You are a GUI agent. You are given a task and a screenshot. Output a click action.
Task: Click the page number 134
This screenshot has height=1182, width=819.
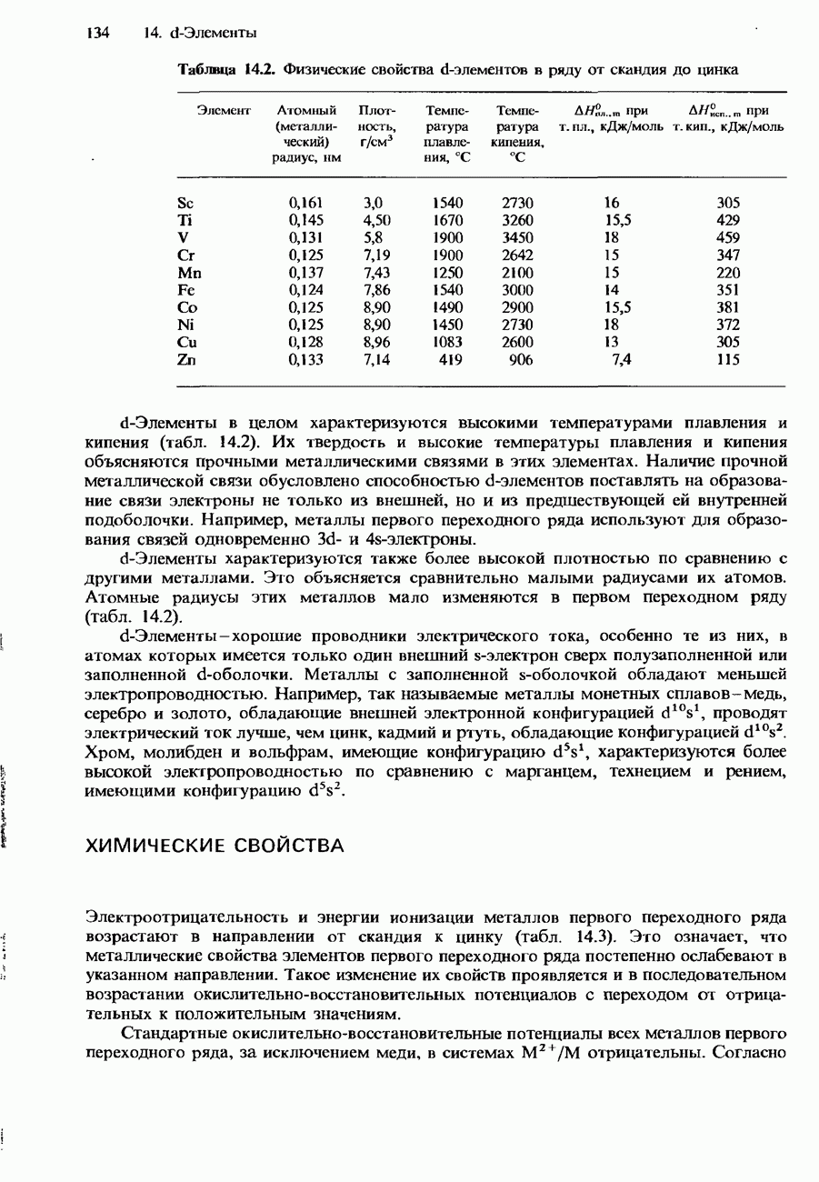[97, 34]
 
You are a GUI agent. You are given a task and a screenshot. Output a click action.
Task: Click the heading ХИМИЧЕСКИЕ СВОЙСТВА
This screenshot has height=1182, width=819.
[215, 846]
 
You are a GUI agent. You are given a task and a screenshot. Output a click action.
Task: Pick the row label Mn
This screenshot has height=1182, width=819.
[187, 273]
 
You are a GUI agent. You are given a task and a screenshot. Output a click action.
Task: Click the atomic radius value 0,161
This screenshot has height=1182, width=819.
[305, 203]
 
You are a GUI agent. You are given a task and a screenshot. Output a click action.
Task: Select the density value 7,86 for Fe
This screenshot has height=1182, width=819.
[376, 290]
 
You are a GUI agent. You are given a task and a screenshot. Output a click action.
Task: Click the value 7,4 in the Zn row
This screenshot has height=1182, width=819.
[622, 360]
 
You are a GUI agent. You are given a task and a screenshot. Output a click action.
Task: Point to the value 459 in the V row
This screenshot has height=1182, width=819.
[727, 238]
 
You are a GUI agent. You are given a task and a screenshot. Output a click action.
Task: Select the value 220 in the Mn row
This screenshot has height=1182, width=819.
[727, 273]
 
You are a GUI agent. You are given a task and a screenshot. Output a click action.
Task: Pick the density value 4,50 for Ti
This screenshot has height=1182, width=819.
[376, 220]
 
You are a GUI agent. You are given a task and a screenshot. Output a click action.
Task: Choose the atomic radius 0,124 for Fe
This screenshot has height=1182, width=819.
[305, 290]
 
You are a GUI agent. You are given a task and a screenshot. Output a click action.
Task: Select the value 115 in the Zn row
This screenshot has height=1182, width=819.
[727, 360]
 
